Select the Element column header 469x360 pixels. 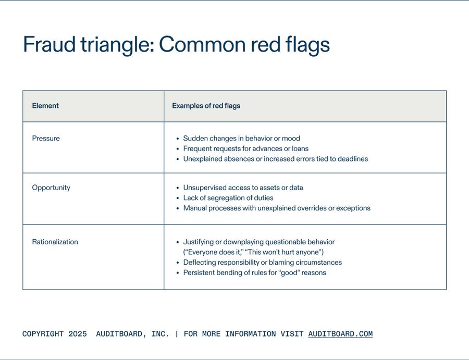pyautogui.click(x=45, y=106)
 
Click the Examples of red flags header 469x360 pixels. pyautogui.click(x=206, y=106)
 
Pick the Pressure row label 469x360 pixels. pyautogui.click(x=46, y=139)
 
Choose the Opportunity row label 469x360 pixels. pyautogui.click(x=51, y=188)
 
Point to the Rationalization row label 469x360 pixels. pyautogui.click(x=55, y=242)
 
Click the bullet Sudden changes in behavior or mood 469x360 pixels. pyautogui.click(x=241, y=139)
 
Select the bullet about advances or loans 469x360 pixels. pyautogui.click(x=245, y=148)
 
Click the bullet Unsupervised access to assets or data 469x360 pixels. pyautogui.click(x=243, y=188)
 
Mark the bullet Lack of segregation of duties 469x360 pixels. pyautogui.click(x=228, y=198)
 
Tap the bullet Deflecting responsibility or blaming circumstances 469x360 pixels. pyautogui.click(x=262, y=263)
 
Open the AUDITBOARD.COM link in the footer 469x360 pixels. pyautogui.click(x=340, y=334)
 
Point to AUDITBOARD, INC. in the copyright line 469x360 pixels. pyautogui.click(x=132, y=334)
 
